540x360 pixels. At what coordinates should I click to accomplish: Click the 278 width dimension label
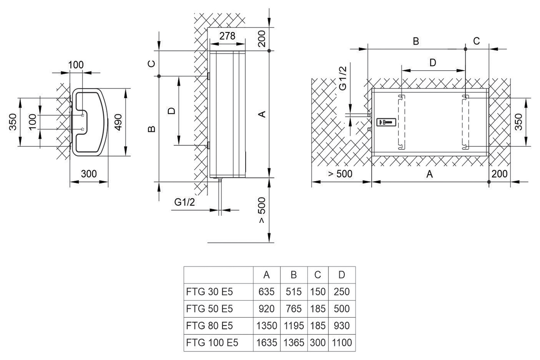227,36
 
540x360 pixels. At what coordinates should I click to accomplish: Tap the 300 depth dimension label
89,174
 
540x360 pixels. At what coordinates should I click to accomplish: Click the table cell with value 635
266,292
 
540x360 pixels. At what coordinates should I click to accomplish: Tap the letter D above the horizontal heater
432,63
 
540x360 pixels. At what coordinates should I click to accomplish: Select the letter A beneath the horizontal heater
430,175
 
